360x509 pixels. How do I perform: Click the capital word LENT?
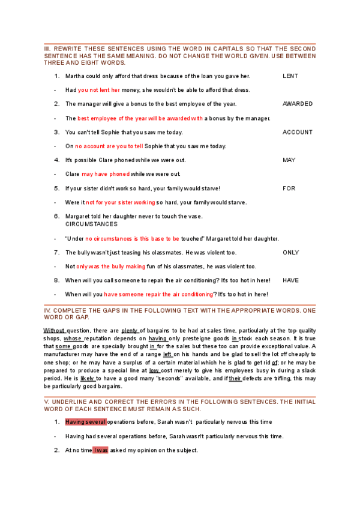(290, 76)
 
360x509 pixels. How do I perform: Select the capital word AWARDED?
(297, 104)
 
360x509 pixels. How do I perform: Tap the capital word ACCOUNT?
(297, 132)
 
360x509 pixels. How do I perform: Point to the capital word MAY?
(289, 160)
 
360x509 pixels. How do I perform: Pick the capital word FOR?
(289, 188)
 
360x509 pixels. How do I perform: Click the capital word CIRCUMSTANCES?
(91, 224)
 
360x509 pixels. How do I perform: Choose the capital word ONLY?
(290, 253)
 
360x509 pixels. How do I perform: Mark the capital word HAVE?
(290, 280)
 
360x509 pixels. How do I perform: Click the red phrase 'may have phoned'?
(105, 174)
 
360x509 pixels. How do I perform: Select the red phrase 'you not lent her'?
(99, 90)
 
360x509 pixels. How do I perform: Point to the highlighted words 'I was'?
(101, 450)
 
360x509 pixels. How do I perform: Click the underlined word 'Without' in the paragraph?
(54, 331)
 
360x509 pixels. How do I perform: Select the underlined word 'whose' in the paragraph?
(73, 339)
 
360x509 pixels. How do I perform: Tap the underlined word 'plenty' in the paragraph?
(130, 331)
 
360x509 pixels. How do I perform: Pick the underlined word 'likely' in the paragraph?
(87, 379)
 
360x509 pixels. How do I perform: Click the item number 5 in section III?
(56, 188)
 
